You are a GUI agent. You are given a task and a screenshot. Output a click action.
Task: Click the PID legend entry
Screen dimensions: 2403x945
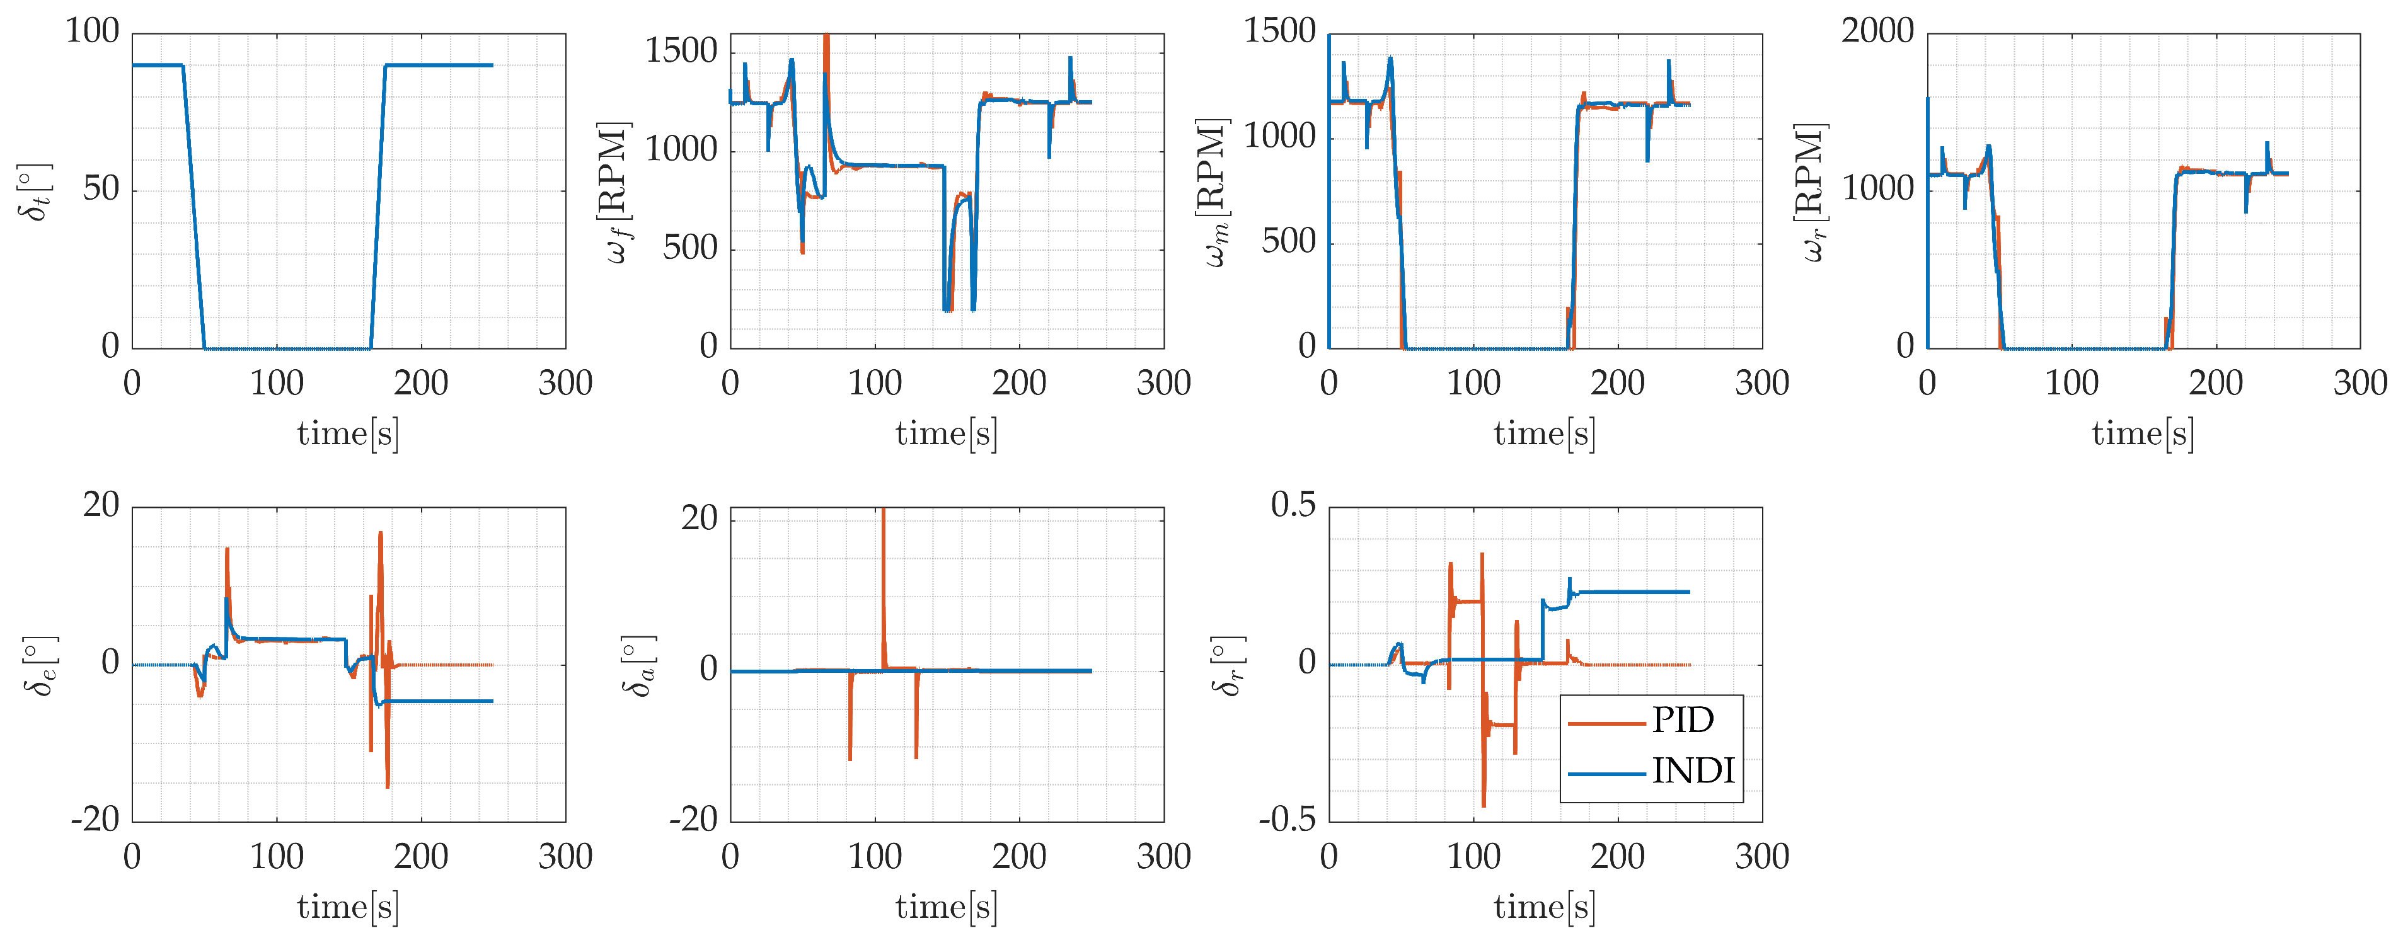(x=1649, y=720)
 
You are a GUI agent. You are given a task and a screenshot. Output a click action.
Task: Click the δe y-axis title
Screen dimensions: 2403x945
(x=39, y=666)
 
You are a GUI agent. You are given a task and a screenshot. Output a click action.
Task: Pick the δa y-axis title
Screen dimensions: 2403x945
(x=638, y=666)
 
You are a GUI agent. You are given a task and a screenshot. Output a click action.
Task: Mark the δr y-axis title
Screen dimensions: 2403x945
(x=1228, y=666)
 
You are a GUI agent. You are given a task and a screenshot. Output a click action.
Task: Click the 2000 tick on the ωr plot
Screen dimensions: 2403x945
(x=1877, y=31)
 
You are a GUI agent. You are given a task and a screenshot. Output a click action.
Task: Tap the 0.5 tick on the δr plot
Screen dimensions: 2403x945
(x=1294, y=506)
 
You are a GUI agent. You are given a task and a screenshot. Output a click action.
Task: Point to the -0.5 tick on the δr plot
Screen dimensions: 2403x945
(x=1288, y=820)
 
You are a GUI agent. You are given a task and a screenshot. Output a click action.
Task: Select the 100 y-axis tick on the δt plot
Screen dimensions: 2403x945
(x=93, y=31)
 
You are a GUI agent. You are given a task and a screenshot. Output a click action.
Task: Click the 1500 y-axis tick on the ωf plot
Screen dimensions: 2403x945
(x=681, y=51)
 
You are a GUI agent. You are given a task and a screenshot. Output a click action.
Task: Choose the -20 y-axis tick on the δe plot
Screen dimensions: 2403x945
(x=95, y=820)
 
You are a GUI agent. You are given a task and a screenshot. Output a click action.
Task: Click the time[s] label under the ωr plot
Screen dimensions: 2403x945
(x=2143, y=435)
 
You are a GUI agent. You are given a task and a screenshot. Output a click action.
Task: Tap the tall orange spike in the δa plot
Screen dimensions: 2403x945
(x=884, y=588)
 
